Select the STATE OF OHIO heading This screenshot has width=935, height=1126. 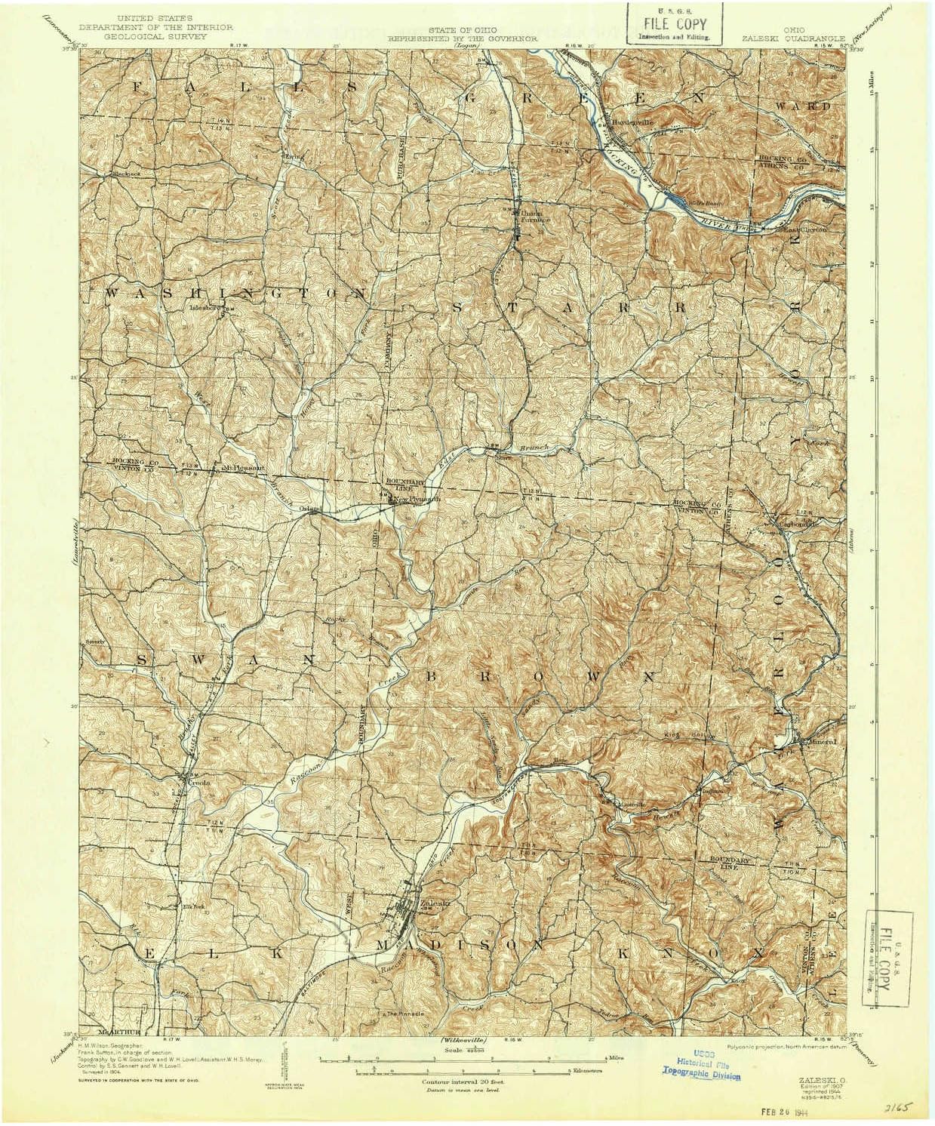coord(462,29)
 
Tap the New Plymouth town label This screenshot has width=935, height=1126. coord(417,499)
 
